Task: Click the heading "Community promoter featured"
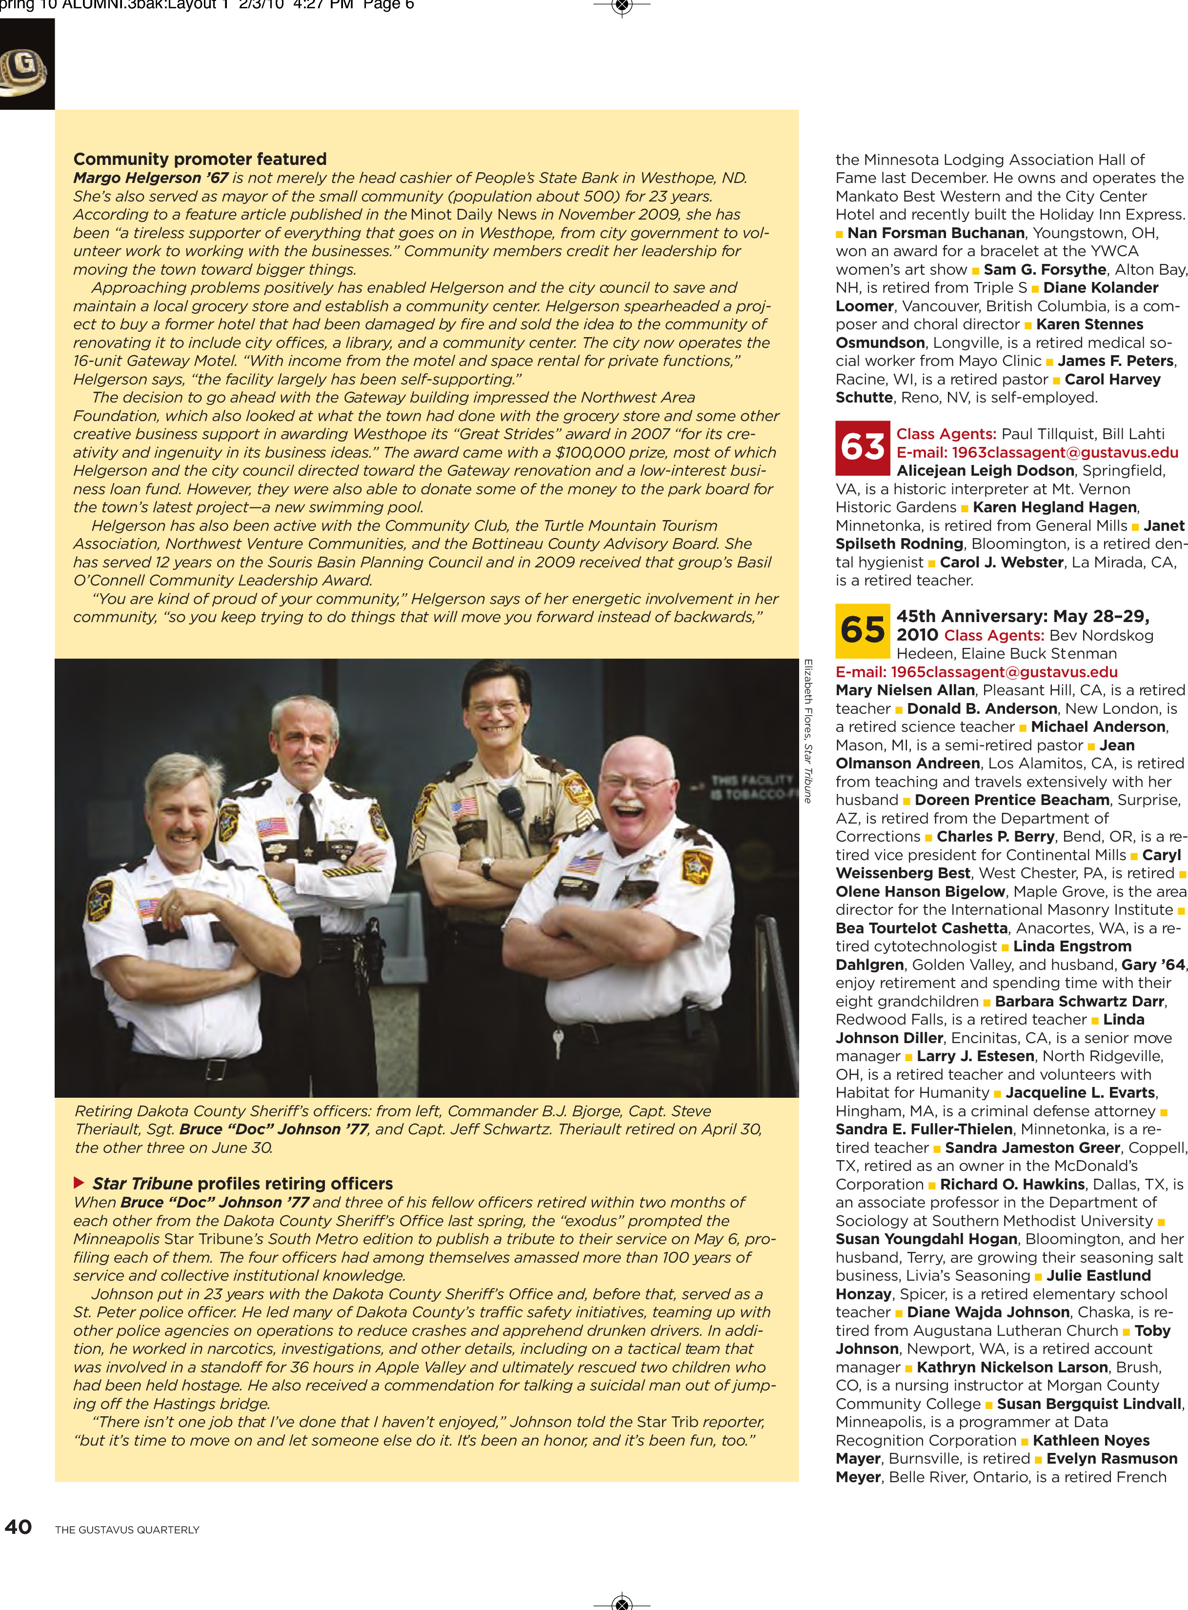click(x=200, y=159)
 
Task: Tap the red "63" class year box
click(x=862, y=447)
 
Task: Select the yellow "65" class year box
click(x=862, y=631)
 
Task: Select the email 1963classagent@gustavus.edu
click(x=1037, y=452)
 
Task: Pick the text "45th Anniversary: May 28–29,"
click(x=1023, y=616)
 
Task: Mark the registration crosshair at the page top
click(x=622, y=6)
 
